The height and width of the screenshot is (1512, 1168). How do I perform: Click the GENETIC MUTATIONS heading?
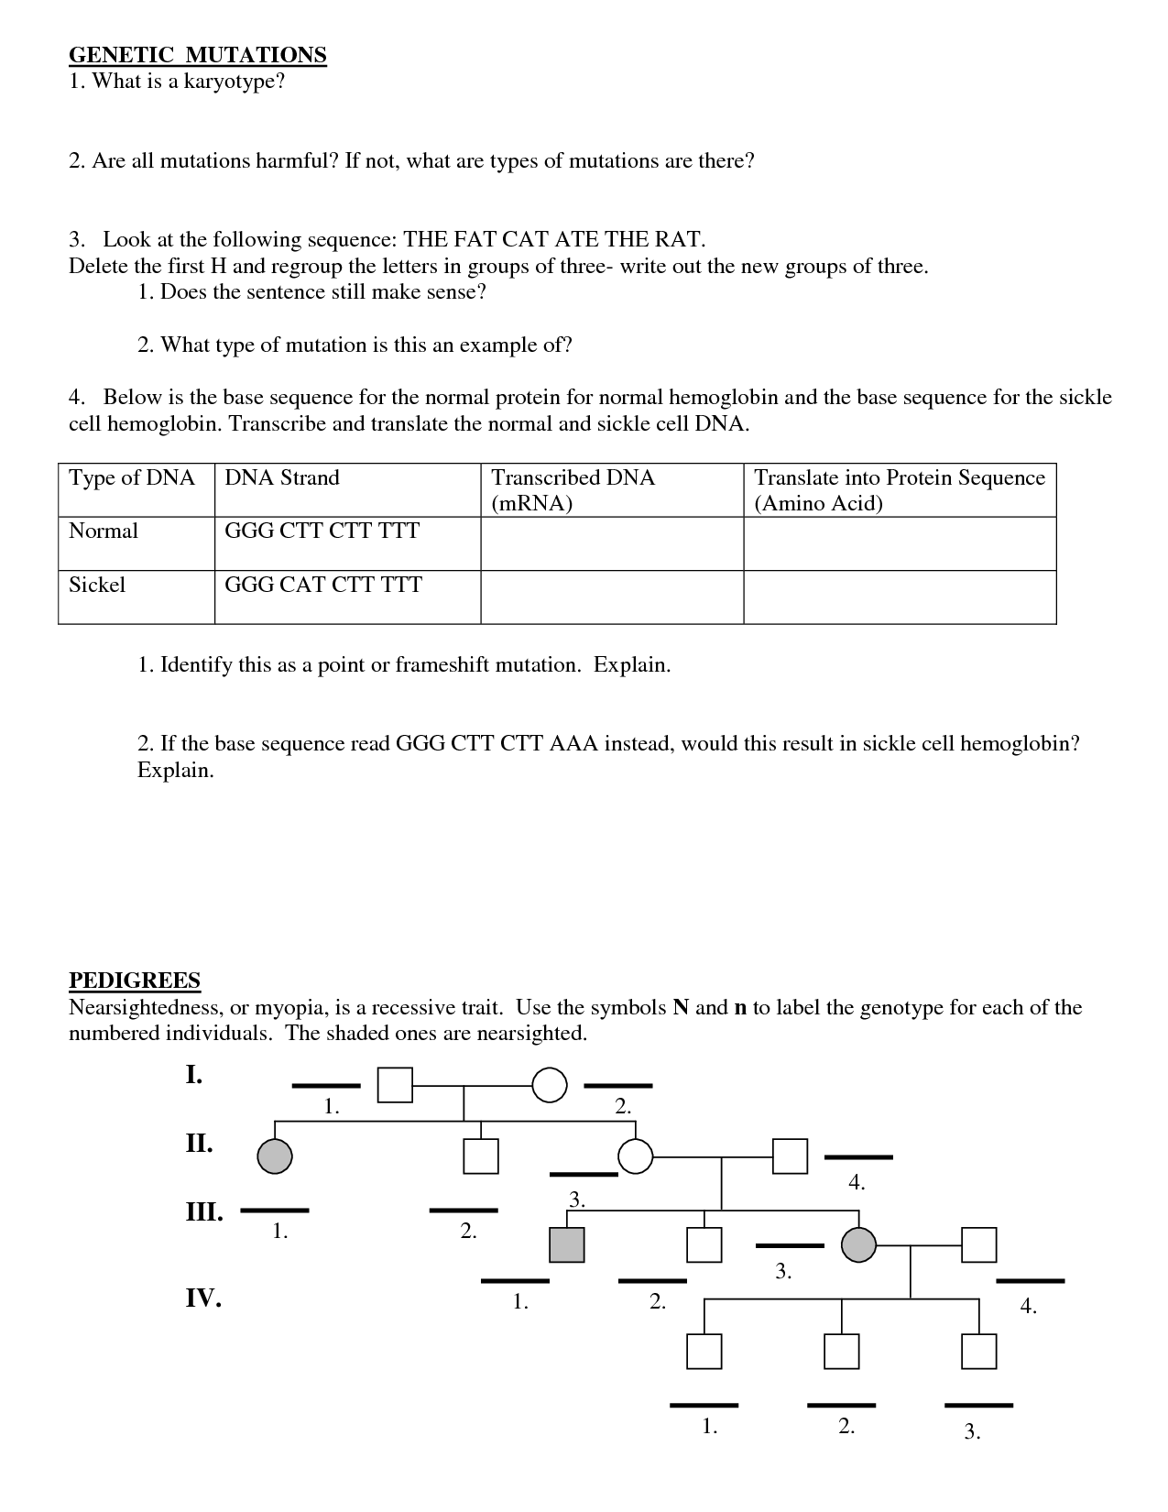[x=197, y=55]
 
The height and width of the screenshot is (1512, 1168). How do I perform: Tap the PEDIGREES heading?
[x=135, y=981]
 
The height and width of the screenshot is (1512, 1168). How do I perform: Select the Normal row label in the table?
[x=104, y=531]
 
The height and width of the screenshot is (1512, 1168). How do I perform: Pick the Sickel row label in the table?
[x=97, y=585]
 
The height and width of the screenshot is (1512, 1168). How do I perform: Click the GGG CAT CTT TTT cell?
[x=323, y=585]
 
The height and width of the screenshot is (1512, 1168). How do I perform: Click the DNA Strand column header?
[x=282, y=478]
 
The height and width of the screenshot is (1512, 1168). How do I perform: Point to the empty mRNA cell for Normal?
[x=612, y=543]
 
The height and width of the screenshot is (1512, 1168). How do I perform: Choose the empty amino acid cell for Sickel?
[x=900, y=597]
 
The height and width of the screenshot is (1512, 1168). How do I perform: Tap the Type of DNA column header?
[x=132, y=478]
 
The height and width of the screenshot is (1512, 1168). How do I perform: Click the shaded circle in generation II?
[x=275, y=1156]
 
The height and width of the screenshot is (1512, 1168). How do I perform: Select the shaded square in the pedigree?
[x=566, y=1244]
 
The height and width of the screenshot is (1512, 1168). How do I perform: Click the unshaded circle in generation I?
[x=550, y=1085]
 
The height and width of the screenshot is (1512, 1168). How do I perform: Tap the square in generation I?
[x=395, y=1085]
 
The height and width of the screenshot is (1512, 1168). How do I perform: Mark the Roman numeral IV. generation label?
[x=203, y=1298]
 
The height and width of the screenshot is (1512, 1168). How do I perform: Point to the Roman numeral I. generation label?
[x=194, y=1075]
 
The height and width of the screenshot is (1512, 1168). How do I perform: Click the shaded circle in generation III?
[x=858, y=1244]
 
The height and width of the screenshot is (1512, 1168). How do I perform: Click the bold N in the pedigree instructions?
[x=681, y=1008]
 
